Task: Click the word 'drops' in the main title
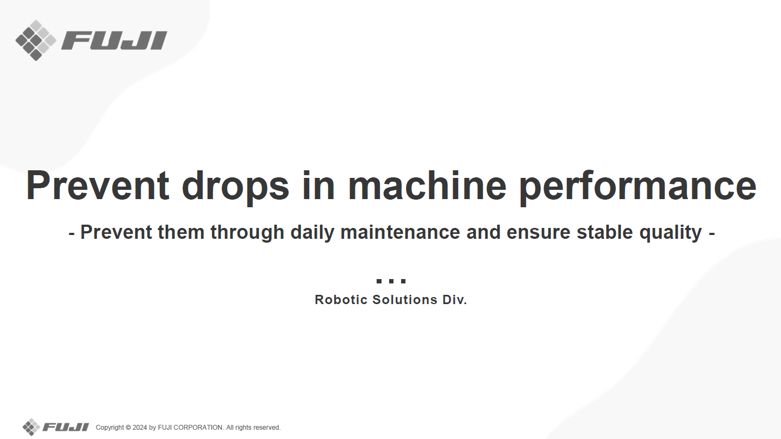(x=235, y=187)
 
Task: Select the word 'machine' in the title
(x=427, y=185)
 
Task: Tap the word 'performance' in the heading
(x=638, y=187)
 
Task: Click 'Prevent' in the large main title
(x=98, y=185)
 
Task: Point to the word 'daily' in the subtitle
(x=313, y=233)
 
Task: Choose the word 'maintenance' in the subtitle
(x=400, y=232)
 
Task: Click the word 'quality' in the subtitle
(x=671, y=233)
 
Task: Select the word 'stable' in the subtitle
(x=604, y=232)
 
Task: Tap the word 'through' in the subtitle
(x=247, y=233)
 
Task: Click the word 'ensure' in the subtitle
(x=539, y=233)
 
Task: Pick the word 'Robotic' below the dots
(x=341, y=300)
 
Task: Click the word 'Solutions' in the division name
(x=405, y=300)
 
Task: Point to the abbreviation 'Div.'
(x=455, y=300)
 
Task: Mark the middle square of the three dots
(x=391, y=281)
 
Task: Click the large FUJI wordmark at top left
(x=114, y=40)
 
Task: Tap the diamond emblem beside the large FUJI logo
(x=36, y=40)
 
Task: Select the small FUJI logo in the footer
(x=56, y=427)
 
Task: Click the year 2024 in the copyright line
(x=140, y=428)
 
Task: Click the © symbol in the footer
(x=128, y=428)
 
